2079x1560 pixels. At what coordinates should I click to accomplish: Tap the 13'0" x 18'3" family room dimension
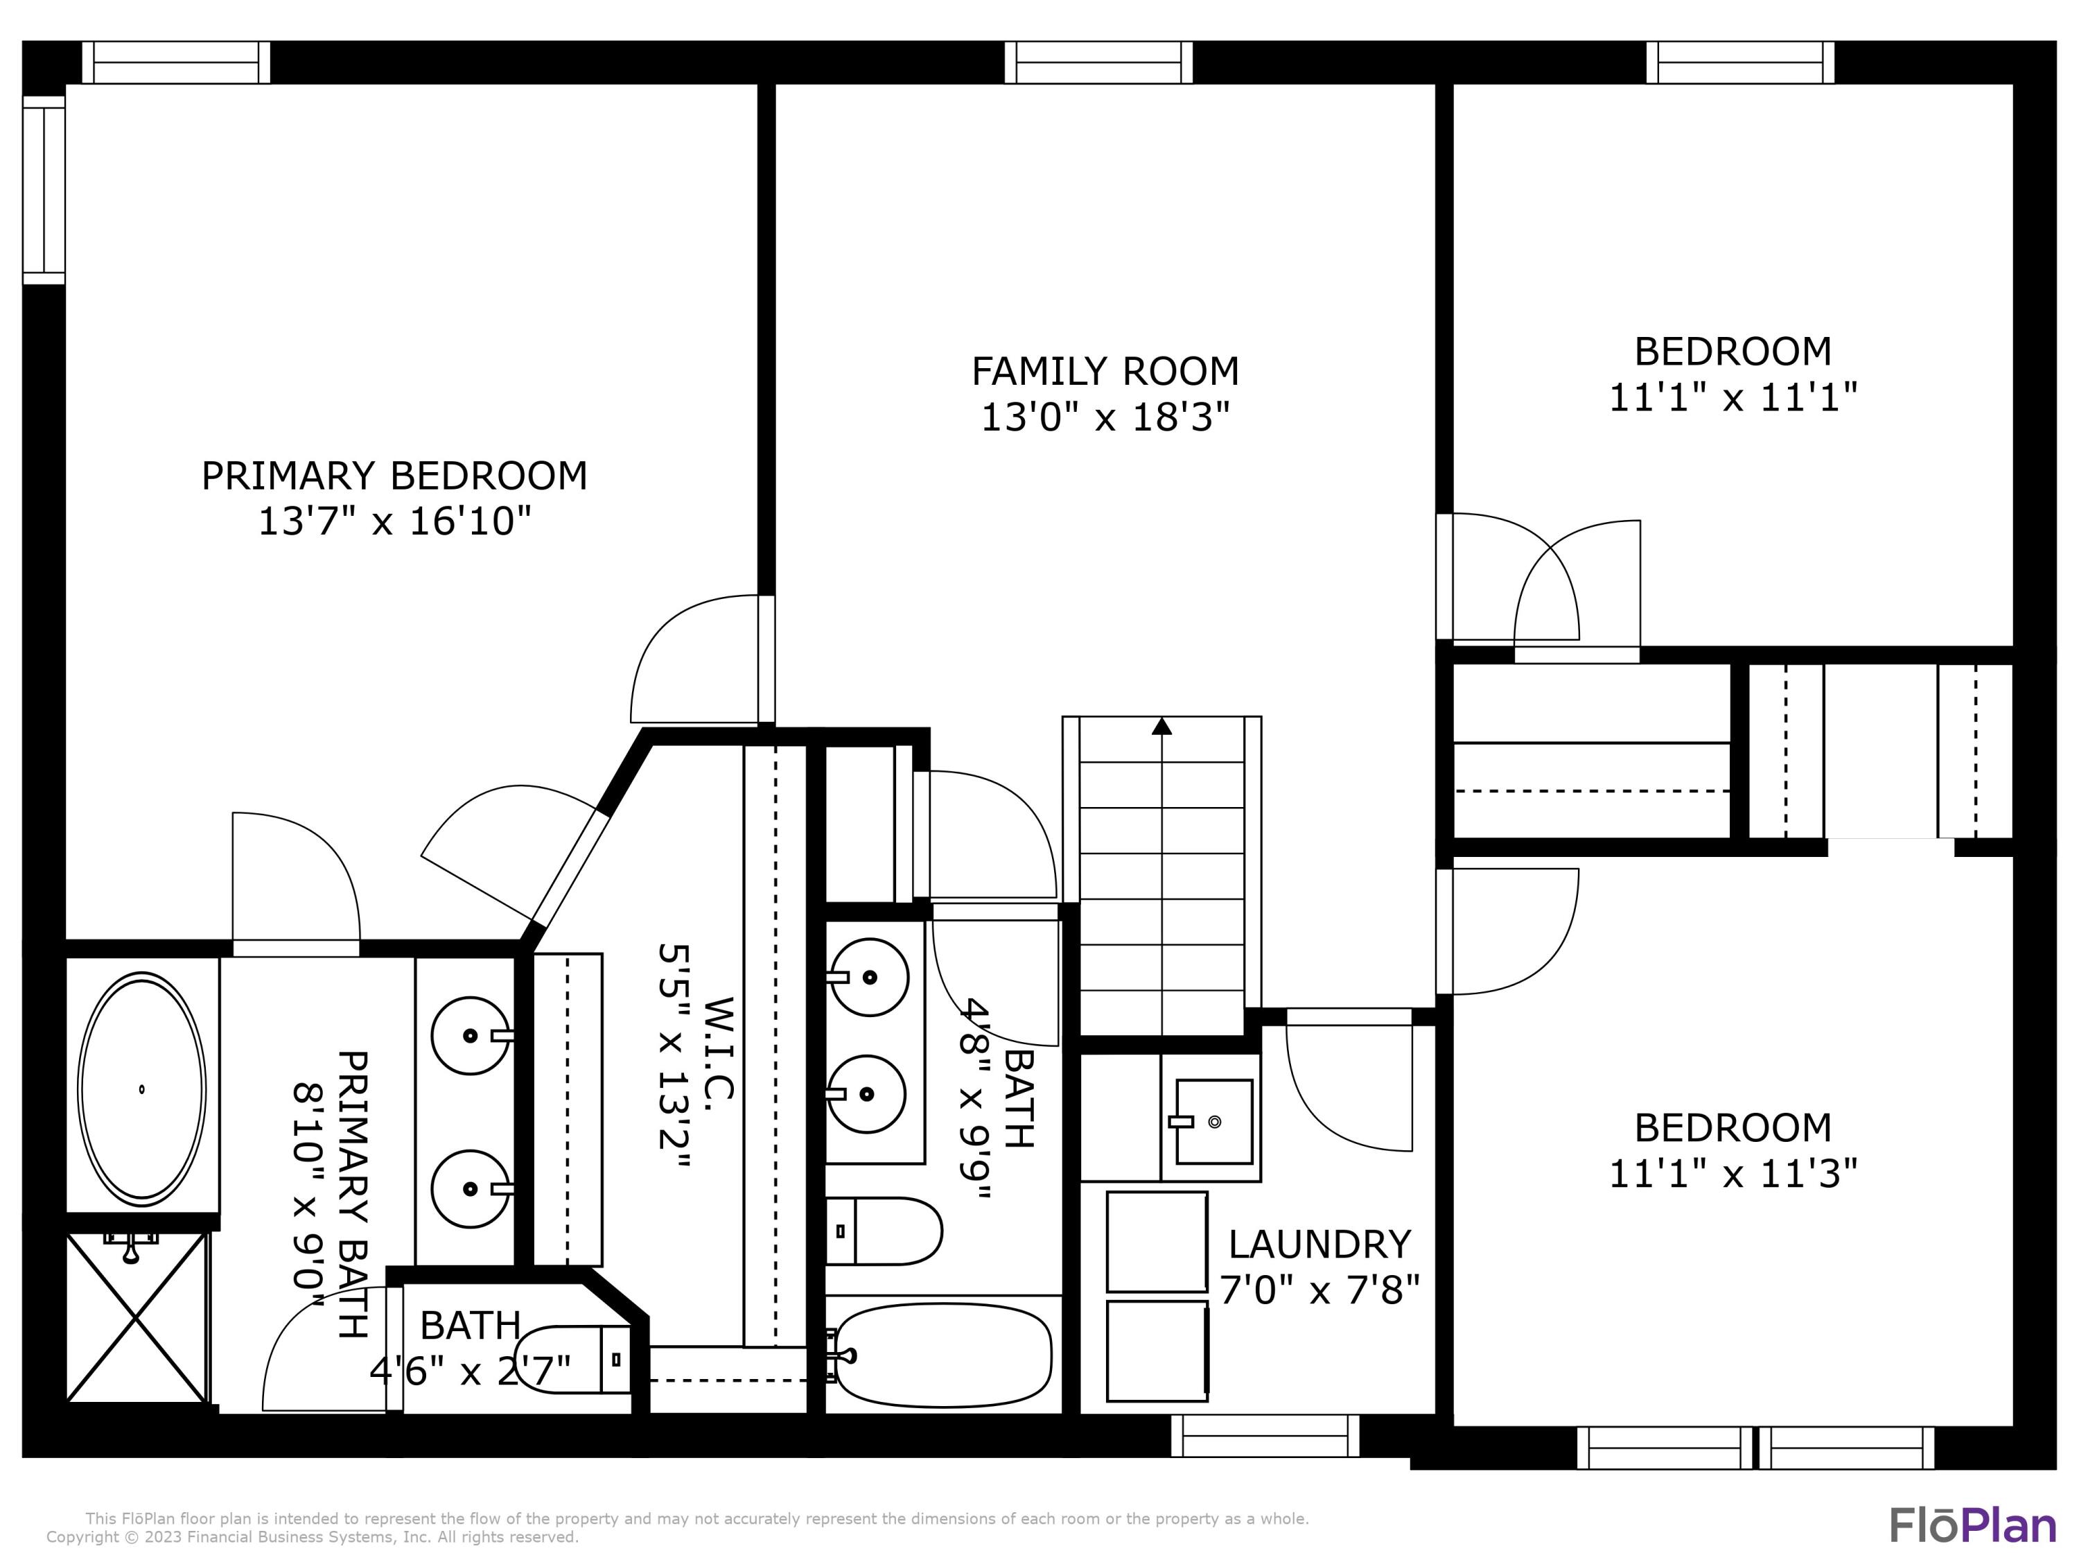pyautogui.click(x=1105, y=417)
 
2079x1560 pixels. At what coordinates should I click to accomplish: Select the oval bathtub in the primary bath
pyautogui.click(x=141, y=1089)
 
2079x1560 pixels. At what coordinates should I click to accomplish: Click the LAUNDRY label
pyautogui.click(x=1319, y=1244)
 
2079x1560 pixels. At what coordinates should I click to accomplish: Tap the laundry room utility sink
pyautogui.click(x=1213, y=1121)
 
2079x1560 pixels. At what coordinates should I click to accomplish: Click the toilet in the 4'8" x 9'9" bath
pyautogui.click(x=883, y=1231)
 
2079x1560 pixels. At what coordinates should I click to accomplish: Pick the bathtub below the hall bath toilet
pyautogui.click(x=942, y=1355)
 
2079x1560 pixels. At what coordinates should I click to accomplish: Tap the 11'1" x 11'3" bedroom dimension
pyautogui.click(x=1732, y=1174)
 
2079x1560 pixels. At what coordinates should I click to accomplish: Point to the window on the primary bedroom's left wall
pyautogui.click(x=43, y=189)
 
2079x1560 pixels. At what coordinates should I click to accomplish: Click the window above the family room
pyautogui.click(x=1098, y=62)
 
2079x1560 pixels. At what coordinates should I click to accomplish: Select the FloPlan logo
pyautogui.click(x=1972, y=1524)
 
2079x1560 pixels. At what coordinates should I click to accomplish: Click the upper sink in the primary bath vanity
pyautogui.click(x=470, y=1035)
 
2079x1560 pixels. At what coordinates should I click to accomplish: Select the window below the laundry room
pyautogui.click(x=1264, y=1436)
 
